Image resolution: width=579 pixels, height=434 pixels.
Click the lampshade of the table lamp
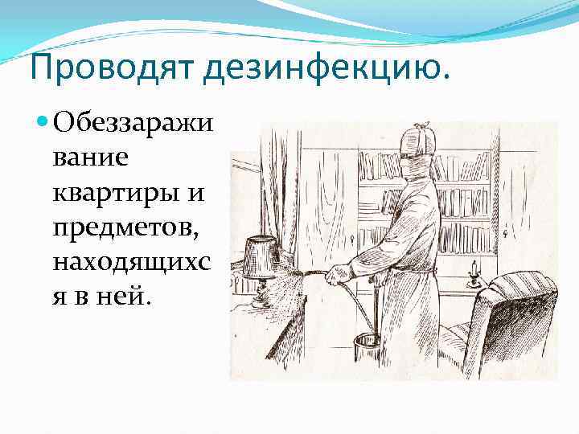point(263,256)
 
